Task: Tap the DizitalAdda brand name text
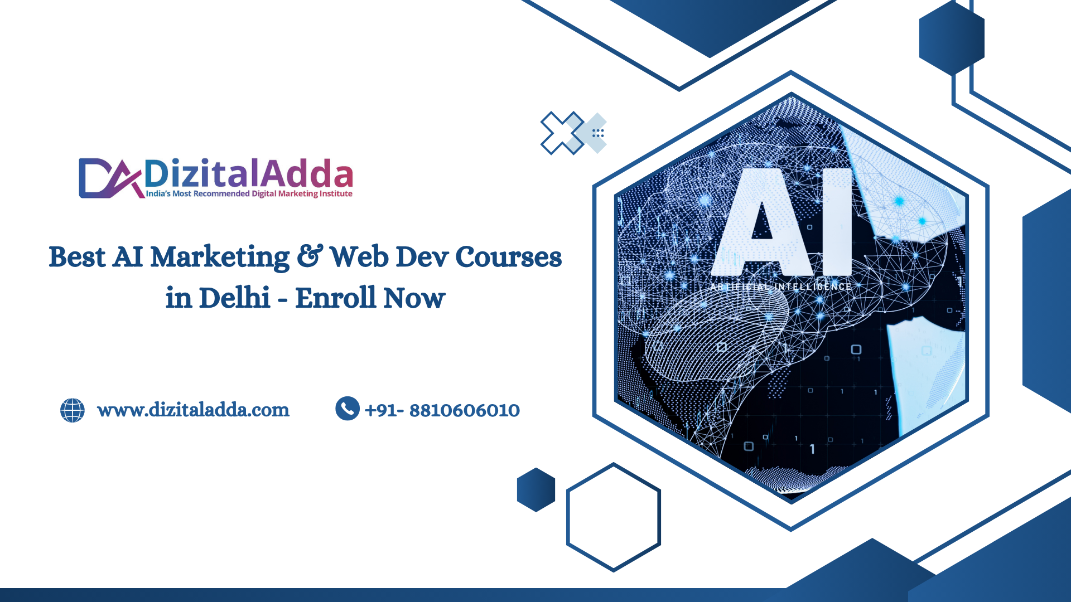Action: tap(249, 173)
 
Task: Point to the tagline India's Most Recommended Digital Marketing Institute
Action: tap(249, 194)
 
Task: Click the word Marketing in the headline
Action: tap(220, 258)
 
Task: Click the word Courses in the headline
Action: tap(509, 257)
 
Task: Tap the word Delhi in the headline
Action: tap(235, 298)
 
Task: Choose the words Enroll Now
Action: tap(370, 298)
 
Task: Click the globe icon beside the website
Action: tap(73, 410)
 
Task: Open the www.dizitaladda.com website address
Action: tap(193, 410)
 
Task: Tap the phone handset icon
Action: tap(348, 409)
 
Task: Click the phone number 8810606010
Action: tap(465, 411)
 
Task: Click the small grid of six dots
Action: tap(598, 133)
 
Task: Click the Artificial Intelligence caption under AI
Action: tap(781, 287)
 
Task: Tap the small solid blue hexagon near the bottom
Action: tap(536, 490)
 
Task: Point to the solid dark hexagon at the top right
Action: tap(952, 37)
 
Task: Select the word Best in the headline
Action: tap(77, 258)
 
